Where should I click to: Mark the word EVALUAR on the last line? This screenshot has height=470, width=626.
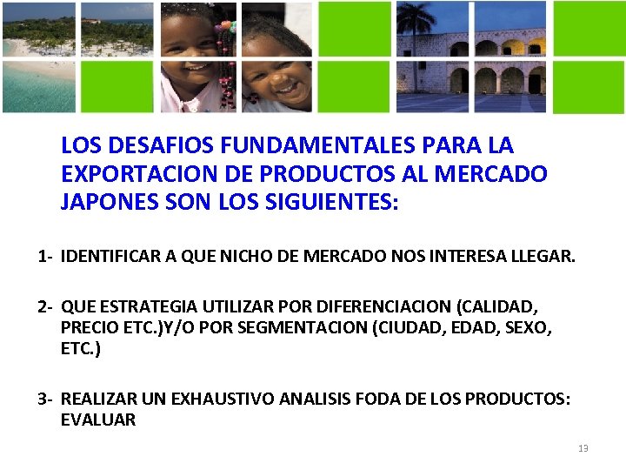[98, 420]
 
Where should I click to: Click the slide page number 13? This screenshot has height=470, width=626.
[583, 448]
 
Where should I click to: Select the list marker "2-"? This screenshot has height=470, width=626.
[46, 306]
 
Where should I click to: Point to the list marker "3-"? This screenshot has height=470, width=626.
[46, 399]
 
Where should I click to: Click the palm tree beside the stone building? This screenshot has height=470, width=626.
[416, 35]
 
